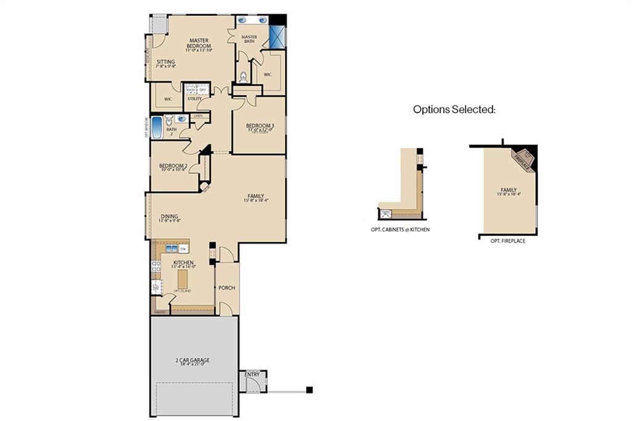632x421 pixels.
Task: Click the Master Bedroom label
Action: [199, 44]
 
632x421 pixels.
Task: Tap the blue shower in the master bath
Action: [277, 38]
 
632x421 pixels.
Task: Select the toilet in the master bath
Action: [243, 77]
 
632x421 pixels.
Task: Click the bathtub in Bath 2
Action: [157, 128]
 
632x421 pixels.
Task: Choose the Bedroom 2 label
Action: [173, 166]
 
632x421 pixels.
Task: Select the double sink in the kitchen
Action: [171, 249]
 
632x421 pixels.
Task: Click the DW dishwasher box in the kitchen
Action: [183, 249]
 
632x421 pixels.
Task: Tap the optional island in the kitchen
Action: [182, 279]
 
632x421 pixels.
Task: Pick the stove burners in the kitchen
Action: [156, 266]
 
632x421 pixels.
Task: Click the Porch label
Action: [227, 288]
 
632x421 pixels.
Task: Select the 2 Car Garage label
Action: [194, 361]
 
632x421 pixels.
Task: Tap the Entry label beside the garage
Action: [252, 374]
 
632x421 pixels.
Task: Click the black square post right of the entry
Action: [309, 390]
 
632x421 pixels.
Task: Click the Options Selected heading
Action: [454, 109]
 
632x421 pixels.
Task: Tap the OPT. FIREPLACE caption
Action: [508, 241]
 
